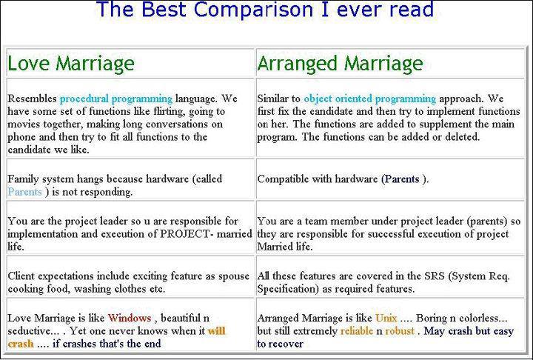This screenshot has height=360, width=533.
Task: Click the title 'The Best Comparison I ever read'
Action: tap(265, 9)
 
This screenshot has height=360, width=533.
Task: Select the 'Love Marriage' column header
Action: tap(71, 64)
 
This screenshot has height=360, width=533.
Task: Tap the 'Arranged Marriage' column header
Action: tap(340, 64)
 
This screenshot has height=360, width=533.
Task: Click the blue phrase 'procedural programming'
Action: tap(116, 99)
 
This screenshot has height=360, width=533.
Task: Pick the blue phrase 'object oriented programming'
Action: tap(370, 99)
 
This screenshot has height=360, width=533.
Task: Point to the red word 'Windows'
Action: tap(130, 318)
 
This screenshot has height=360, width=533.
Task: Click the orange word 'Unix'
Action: tap(386, 318)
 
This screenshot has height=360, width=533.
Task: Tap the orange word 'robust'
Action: tap(400, 330)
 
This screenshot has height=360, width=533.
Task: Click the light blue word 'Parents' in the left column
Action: tap(25, 192)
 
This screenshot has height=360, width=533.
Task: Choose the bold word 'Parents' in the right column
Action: tap(402, 179)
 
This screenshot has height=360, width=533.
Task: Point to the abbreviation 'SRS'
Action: tap(435, 276)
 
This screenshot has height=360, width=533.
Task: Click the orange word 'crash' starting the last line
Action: tap(21, 344)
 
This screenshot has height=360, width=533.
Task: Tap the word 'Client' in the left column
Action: tap(21, 276)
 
